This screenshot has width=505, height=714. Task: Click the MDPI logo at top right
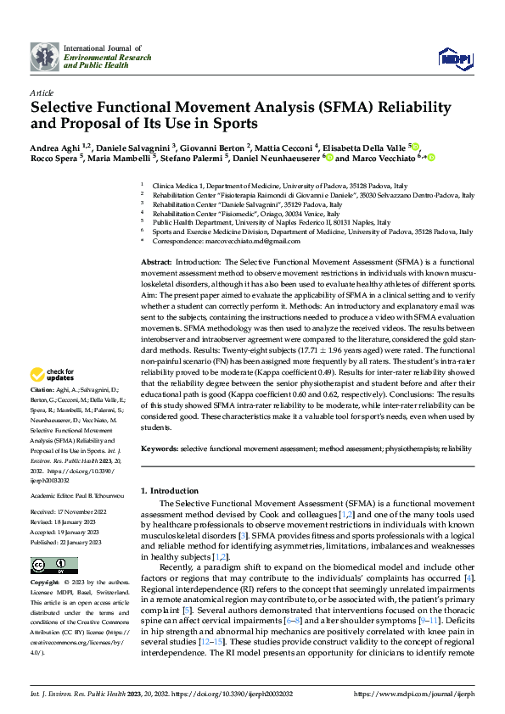click(x=454, y=55)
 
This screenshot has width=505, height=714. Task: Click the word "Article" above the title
click(x=42, y=92)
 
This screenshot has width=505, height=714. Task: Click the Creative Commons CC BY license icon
click(x=54, y=565)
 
